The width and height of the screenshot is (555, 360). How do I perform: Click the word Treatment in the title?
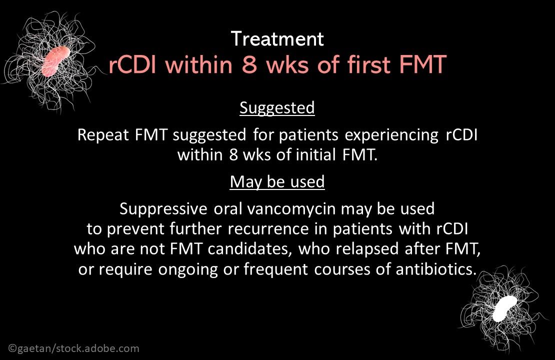277,38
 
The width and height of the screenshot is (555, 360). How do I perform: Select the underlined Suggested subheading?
277,107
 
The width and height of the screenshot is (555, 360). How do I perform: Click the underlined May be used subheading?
277,181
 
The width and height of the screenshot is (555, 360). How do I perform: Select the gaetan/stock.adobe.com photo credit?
74,348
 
